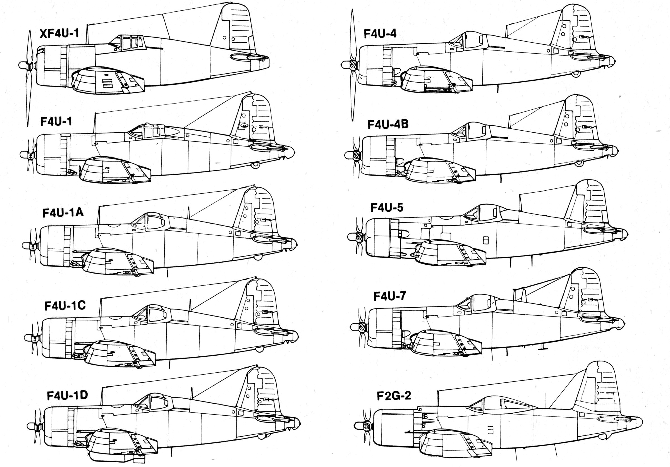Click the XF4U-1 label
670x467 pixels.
point(59,33)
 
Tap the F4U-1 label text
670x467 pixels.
point(56,121)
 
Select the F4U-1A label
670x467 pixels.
point(63,213)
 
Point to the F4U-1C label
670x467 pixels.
point(65,305)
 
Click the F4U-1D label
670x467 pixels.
point(67,396)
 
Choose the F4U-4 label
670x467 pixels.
point(380,34)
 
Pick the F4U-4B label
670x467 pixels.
point(388,124)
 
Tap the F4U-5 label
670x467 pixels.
point(387,208)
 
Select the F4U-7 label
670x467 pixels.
point(389,296)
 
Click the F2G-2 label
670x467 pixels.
point(394,396)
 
